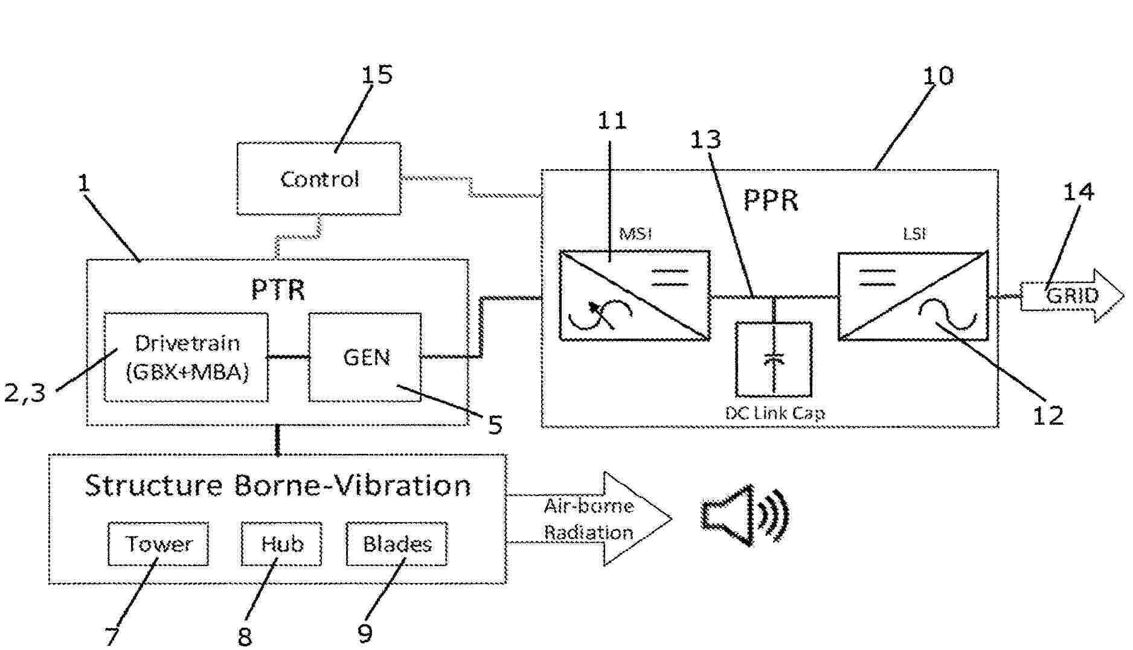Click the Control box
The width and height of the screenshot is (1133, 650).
click(x=319, y=179)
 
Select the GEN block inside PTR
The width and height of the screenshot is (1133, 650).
click(x=365, y=357)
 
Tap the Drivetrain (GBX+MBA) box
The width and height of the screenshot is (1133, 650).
click(x=186, y=357)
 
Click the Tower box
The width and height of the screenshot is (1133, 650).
click(x=158, y=544)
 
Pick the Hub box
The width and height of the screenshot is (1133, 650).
click(x=281, y=544)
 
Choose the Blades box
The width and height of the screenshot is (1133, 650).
click(x=397, y=544)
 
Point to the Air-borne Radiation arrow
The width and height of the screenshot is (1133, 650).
click(x=589, y=519)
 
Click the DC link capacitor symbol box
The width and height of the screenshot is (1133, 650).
click(x=774, y=359)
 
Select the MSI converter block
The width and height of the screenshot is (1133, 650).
click(x=634, y=296)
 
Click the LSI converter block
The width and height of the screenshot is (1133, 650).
click(x=913, y=296)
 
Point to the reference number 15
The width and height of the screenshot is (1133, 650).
click(x=377, y=75)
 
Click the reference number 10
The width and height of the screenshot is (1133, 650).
click(x=938, y=76)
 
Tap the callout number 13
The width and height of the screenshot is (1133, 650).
click(x=705, y=139)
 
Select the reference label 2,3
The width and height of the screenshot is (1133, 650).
click(x=25, y=393)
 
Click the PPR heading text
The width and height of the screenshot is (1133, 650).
click(x=770, y=200)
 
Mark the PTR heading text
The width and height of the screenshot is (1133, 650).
click(x=278, y=290)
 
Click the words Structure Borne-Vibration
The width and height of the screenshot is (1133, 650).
click(x=278, y=485)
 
